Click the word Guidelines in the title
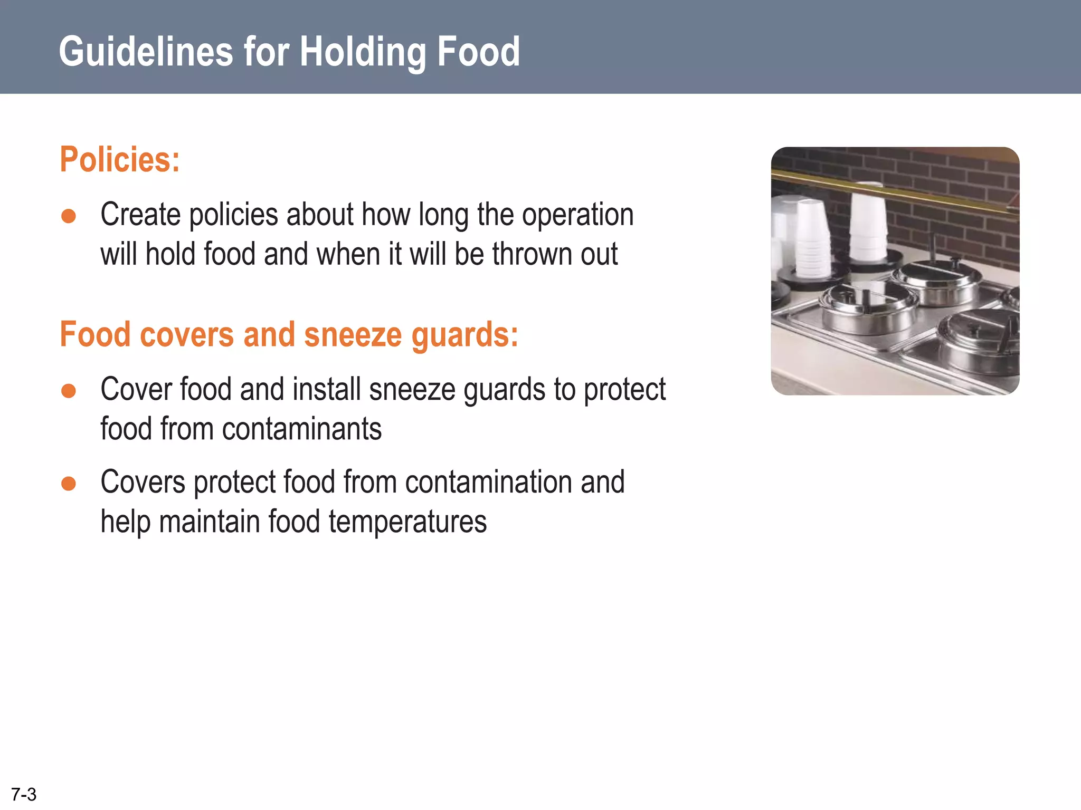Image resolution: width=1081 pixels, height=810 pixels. tap(146, 52)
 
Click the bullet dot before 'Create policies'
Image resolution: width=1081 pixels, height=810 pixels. tap(69, 216)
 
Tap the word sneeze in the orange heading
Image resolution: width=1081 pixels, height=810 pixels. tap(353, 335)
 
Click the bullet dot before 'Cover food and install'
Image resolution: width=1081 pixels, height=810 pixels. tap(69, 391)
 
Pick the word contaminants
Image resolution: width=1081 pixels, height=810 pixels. tap(301, 429)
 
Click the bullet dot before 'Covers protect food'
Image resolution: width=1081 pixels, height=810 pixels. tap(69, 484)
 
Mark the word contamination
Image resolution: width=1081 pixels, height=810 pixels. tap(488, 483)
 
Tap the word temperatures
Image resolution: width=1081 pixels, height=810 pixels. tap(407, 522)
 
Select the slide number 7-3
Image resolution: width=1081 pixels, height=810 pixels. tap(24, 794)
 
